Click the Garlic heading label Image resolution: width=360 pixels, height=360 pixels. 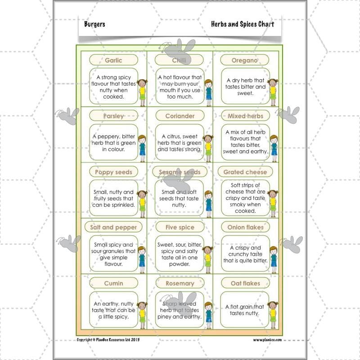[x=113, y=60]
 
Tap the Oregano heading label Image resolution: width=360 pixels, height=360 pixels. [x=245, y=60]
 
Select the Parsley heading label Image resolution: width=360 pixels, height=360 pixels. [x=113, y=116]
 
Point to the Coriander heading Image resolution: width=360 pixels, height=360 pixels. [x=180, y=116]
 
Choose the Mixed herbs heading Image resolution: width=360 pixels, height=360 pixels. [x=245, y=116]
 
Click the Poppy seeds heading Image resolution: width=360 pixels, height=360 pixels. [x=113, y=172]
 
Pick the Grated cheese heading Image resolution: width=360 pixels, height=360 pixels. [x=245, y=172]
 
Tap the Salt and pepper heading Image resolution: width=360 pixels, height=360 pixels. [x=113, y=227]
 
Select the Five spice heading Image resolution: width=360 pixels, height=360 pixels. [x=180, y=227]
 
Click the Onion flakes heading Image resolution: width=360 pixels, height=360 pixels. [x=245, y=227]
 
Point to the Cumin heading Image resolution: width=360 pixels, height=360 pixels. [x=113, y=283]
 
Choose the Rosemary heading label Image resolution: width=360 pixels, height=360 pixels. [x=180, y=283]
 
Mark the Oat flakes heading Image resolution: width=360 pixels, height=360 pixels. [x=245, y=283]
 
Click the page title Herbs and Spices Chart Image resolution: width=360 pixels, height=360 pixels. [x=242, y=24]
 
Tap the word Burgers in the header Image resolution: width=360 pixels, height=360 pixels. [x=94, y=24]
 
